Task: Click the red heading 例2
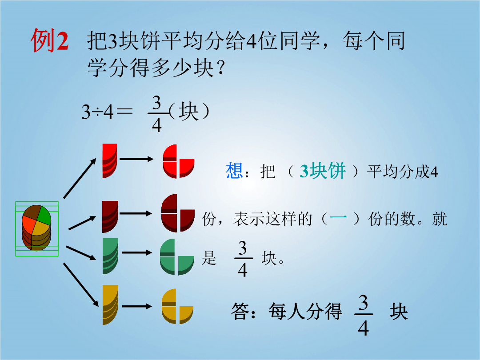(50, 40)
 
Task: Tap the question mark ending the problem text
(220, 68)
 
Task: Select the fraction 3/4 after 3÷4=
(157, 114)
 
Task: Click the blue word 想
(234, 171)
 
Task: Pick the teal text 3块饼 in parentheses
(323, 171)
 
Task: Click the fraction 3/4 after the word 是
(243, 259)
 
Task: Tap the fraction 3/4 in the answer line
(364, 315)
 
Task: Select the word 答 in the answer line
(240, 311)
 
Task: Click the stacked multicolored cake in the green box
(36, 228)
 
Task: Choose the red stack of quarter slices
(110, 160)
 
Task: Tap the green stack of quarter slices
(110, 256)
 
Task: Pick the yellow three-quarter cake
(177, 306)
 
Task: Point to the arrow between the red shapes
(136, 159)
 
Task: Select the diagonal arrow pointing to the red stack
(80, 178)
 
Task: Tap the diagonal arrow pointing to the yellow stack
(81, 284)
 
